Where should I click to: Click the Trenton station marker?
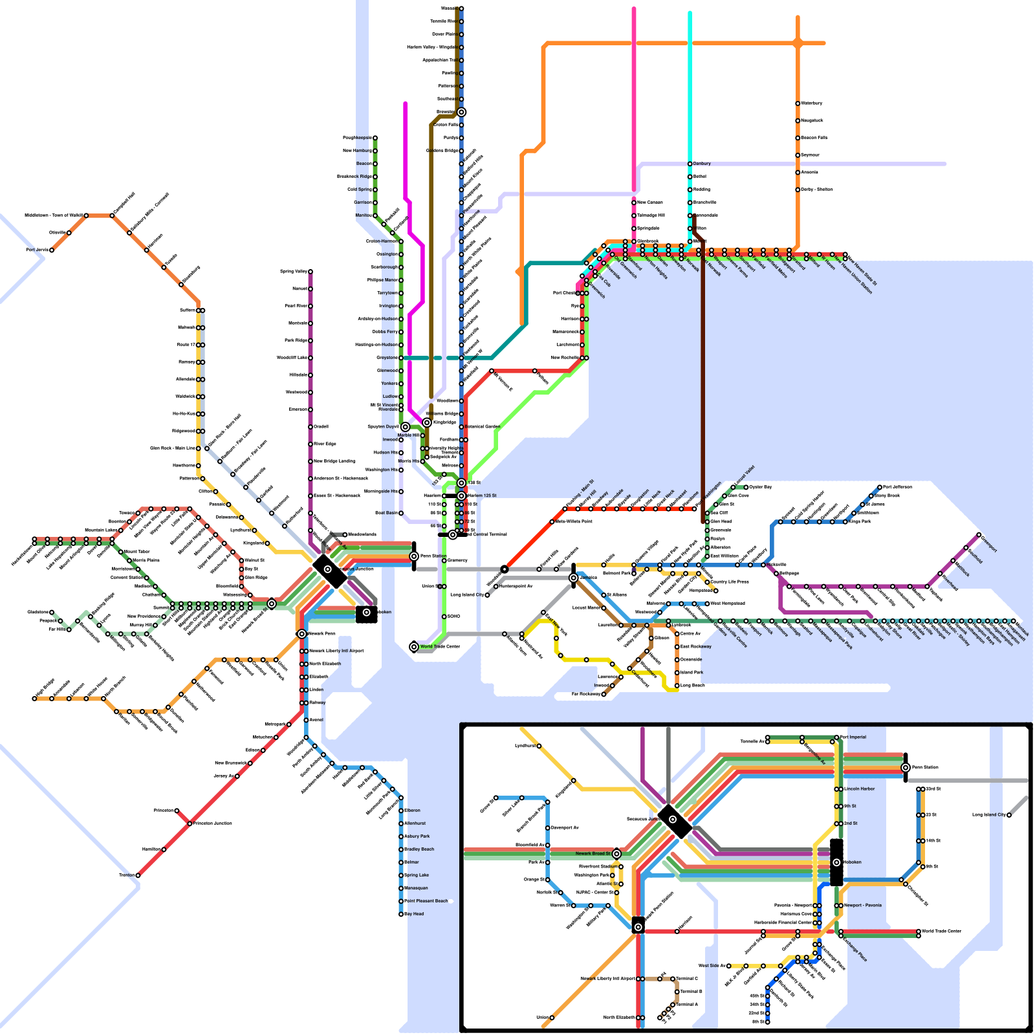coord(138,875)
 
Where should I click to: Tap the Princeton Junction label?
coord(213,823)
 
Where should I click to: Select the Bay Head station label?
coord(414,914)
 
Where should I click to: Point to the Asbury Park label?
coord(417,836)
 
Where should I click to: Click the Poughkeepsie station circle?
coord(375,138)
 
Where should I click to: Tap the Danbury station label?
coord(702,164)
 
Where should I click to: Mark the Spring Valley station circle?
coord(310,272)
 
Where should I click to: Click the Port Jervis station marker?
coord(52,250)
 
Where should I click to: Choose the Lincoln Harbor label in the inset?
coord(860,789)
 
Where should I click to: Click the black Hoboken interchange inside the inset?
coord(836,862)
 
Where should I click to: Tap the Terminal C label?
coord(687,979)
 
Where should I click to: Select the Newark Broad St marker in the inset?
coord(616,854)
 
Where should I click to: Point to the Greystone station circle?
coord(401,358)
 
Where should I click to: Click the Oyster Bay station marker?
coord(746,487)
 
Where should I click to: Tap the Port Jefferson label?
coord(897,487)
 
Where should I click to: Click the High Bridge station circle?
coord(34,699)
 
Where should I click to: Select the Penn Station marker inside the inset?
coord(906,768)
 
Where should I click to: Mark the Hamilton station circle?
coord(164,849)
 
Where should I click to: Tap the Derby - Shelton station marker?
coord(798,190)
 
